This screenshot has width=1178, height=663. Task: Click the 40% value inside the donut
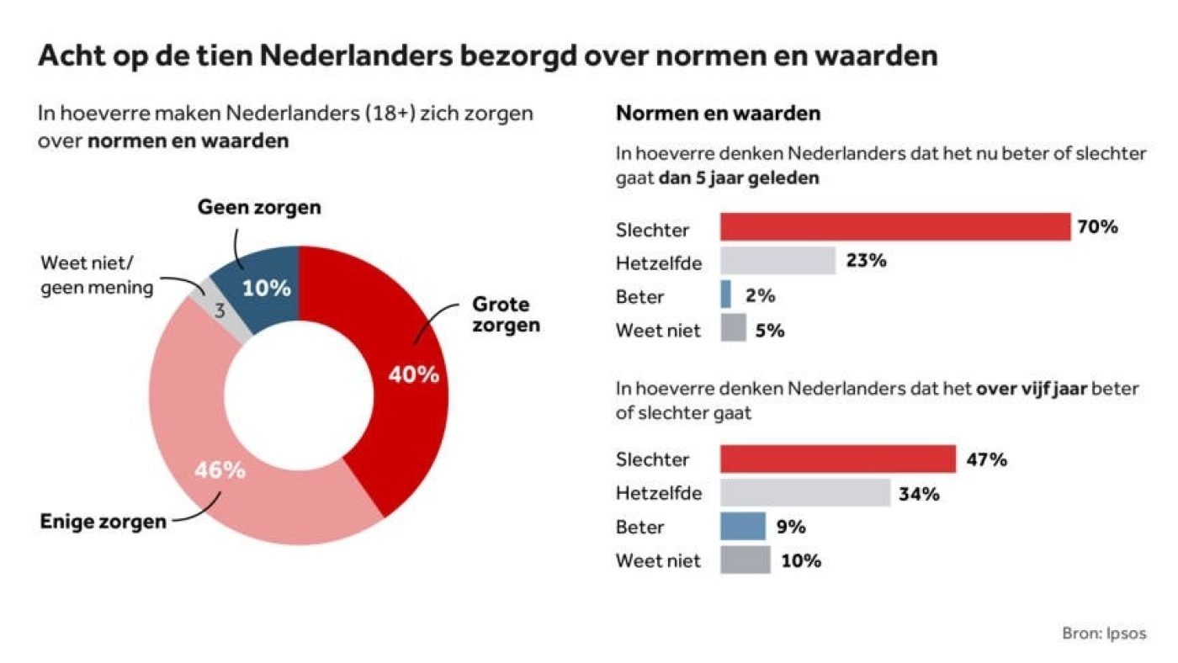click(413, 374)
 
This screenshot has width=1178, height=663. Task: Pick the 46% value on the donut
click(220, 469)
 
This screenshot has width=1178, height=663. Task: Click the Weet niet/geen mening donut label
click(97, 275)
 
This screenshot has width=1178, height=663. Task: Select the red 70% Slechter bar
click(895, 227)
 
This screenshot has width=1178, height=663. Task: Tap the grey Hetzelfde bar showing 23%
click(777, 261)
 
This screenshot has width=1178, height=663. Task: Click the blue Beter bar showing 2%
click(726, 295)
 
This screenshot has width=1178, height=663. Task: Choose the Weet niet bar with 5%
click(733, 329)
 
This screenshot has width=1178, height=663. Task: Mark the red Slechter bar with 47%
click(838, 459)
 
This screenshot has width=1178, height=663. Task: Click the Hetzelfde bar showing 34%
click(805, 493)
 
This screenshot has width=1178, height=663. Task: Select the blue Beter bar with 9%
click(743, 527)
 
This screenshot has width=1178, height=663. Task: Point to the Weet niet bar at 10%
click(745, 560)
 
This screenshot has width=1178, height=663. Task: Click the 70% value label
click(1097, 227)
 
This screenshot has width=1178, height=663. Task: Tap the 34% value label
click(919, 493)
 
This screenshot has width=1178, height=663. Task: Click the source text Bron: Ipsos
click(1104, 634)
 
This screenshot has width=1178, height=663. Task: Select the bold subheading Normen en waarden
click(719, 113)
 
